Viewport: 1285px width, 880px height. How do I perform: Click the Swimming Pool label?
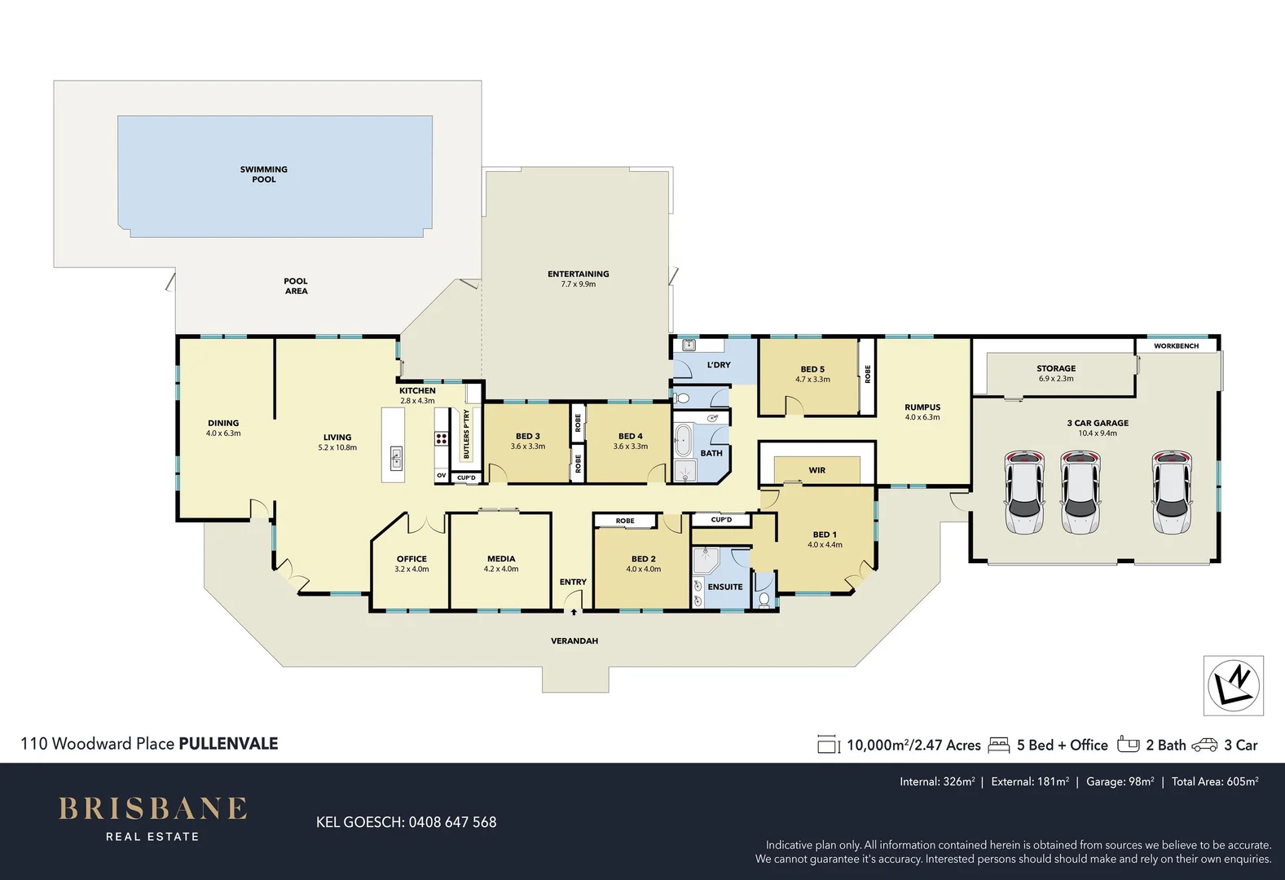264,174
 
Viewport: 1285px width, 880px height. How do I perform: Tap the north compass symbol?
1234,685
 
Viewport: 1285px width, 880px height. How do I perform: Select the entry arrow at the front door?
574,612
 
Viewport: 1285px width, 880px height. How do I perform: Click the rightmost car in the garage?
1172,491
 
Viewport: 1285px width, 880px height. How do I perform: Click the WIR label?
817,470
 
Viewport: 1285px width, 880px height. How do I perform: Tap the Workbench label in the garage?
1176,346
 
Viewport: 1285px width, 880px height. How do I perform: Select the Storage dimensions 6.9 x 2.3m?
1056,379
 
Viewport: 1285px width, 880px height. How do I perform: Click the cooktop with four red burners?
441,439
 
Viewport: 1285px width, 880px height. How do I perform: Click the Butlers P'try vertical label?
466,433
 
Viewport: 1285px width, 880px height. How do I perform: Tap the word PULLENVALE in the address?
228,743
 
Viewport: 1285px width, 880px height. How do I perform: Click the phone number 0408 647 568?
452,822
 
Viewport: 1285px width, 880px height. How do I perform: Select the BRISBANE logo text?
153,808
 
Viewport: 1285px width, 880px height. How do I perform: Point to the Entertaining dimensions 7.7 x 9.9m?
579,284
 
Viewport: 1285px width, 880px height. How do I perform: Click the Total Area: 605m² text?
1215,781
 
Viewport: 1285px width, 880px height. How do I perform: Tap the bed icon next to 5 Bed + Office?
999,746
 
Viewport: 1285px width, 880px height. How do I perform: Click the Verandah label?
574,640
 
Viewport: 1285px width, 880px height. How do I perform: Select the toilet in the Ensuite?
764,599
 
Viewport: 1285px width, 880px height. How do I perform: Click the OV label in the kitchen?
441,476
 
